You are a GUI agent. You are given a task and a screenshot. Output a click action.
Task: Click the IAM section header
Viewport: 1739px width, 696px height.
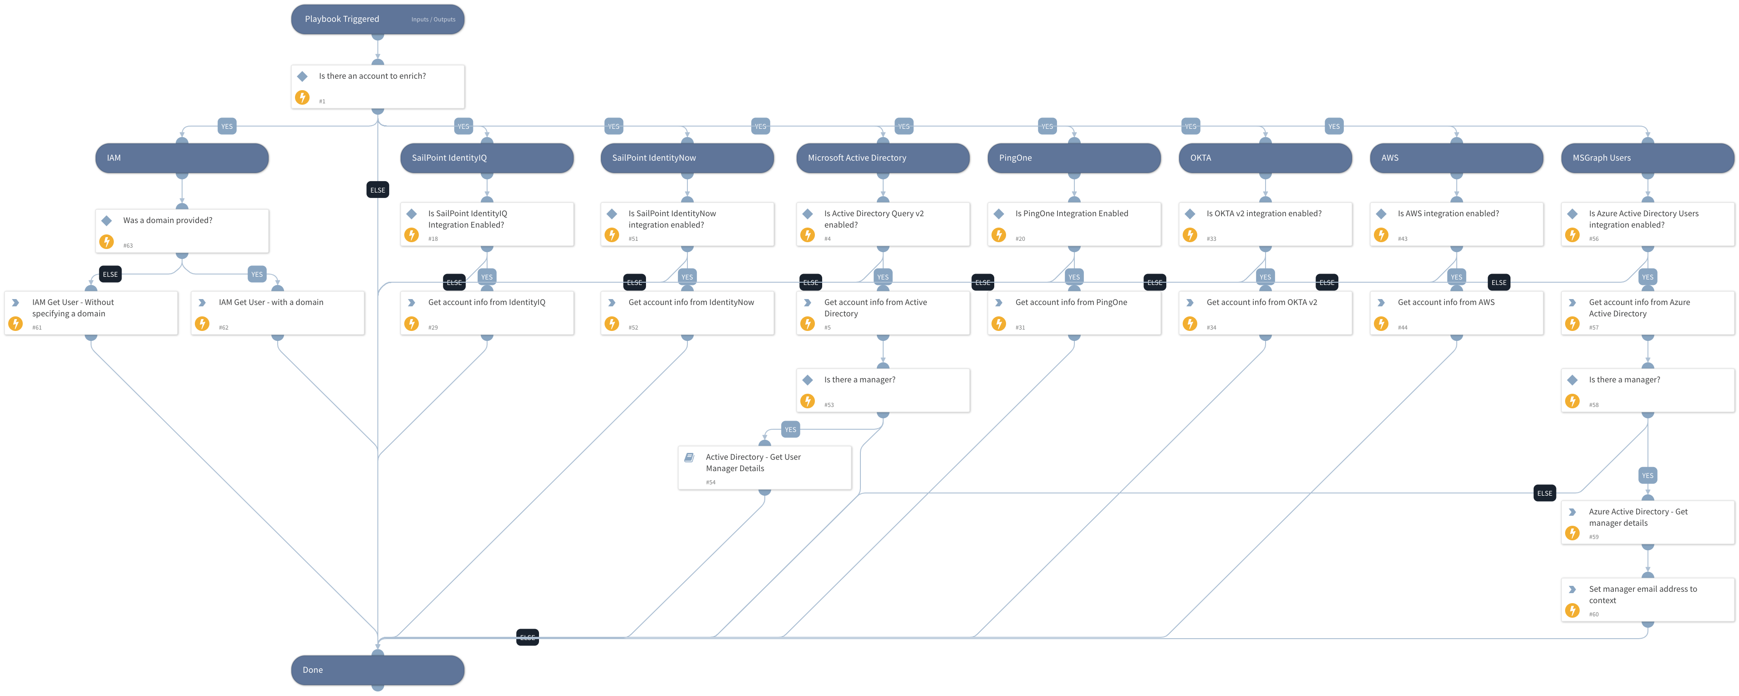pyautogui.click(x=182, y=157)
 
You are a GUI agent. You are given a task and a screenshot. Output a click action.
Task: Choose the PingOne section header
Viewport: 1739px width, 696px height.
pyautogui.click(x=1073, y=157)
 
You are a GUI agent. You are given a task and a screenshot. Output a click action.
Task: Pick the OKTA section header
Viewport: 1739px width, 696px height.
pyautogui.click(x=1265, y=157)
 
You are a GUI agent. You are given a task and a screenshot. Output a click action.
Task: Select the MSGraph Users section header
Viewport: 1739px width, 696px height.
pyautogui.click(x=1647, y=157)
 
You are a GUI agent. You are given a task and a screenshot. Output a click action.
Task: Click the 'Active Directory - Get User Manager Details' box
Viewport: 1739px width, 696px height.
pyautogui.click(x=764, y=467)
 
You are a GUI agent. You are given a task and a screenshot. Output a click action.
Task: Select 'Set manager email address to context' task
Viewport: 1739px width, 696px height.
pyautogui.click(x=1647, y=599)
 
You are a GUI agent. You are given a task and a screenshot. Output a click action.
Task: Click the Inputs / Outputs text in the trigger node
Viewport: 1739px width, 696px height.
pyautogui.click(x=433, y=20)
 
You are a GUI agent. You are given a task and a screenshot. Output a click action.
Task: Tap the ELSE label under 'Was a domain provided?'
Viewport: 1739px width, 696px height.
pyautogui.click(x=110, y=274)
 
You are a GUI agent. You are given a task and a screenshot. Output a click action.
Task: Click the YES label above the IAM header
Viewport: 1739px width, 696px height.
pyautogui.click(x=227, y=126)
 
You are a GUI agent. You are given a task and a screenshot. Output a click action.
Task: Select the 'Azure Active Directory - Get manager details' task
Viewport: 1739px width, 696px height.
pyautogui.click(x=1647, y=522)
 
